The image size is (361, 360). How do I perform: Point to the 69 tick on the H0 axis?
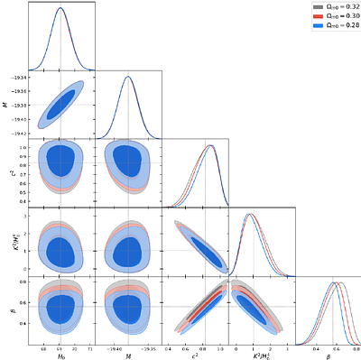60,347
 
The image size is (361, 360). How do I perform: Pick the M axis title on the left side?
6,104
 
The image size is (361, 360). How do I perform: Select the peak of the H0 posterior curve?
60,8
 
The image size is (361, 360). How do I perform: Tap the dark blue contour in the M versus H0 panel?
60,105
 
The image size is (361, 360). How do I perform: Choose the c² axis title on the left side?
6,171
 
